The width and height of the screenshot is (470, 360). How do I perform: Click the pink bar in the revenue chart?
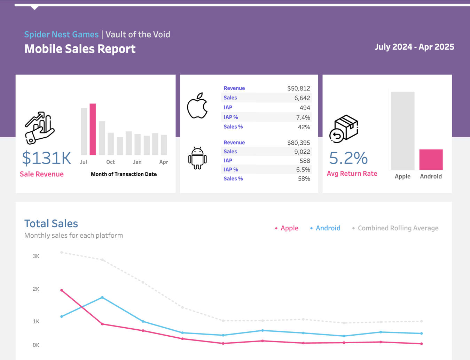point(93,129)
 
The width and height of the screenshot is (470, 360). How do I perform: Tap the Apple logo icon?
point(197,106)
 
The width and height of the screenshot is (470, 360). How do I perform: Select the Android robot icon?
point(197,158)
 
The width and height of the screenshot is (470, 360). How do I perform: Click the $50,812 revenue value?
point(298,89)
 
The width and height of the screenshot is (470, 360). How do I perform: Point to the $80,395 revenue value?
point(298,143)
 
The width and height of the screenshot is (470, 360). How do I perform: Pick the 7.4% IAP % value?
point(303,117)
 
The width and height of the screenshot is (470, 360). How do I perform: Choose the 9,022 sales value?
point(302,152)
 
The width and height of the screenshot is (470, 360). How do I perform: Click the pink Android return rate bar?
point(431,160)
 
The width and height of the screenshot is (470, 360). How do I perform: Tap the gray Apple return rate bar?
point(402,131)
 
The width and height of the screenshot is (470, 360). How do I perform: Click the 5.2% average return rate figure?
point(348,158)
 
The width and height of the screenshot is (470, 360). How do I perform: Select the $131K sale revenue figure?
point(46,158)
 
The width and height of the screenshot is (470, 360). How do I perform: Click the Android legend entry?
point(328,228)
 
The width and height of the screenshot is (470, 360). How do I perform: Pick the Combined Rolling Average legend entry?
point(398,228)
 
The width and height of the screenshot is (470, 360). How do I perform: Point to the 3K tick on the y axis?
point(36,256)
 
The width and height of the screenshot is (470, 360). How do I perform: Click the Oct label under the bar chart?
point(110,162)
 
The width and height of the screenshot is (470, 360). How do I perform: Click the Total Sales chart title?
point(51,223)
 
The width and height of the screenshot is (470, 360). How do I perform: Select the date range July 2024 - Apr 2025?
point(414,47)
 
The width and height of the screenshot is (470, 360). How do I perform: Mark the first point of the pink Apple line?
point(62,290)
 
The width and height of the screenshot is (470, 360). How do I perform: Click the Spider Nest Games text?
point(61,35)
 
